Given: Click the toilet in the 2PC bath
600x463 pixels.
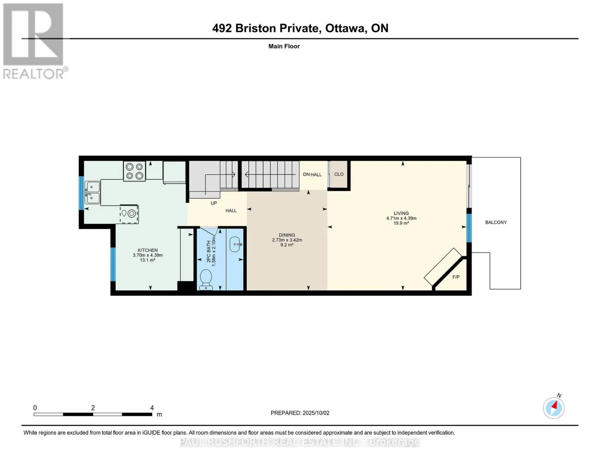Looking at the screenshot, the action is coord(206,279).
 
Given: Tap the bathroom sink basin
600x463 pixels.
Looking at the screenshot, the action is coord(235,244).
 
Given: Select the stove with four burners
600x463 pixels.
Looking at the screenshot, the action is coord(134,171).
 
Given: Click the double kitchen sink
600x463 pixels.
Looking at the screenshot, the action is coord(92,193).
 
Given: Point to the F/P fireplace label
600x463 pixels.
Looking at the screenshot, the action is coord(456,277).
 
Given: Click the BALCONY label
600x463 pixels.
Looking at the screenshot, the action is coord(496,222).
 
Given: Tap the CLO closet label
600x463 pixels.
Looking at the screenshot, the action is coord(339,174).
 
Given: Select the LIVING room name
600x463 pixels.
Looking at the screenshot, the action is coord(401,213).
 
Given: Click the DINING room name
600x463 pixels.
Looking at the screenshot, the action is coord(287,235).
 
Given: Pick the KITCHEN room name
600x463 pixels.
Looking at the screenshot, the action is coord(148,250).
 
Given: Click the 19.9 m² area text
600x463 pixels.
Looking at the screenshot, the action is coord(401,223).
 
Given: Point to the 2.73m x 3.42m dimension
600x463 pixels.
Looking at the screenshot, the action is coord(287,240).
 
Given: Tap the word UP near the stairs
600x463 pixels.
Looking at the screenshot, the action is coord(214,203).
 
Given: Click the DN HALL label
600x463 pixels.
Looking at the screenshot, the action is coord(312,174).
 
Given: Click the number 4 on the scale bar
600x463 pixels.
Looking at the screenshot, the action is coord(152,407).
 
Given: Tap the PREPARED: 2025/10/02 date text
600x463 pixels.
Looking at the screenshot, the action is coord(300,413).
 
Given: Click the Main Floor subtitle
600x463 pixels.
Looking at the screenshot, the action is coord(284,46).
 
